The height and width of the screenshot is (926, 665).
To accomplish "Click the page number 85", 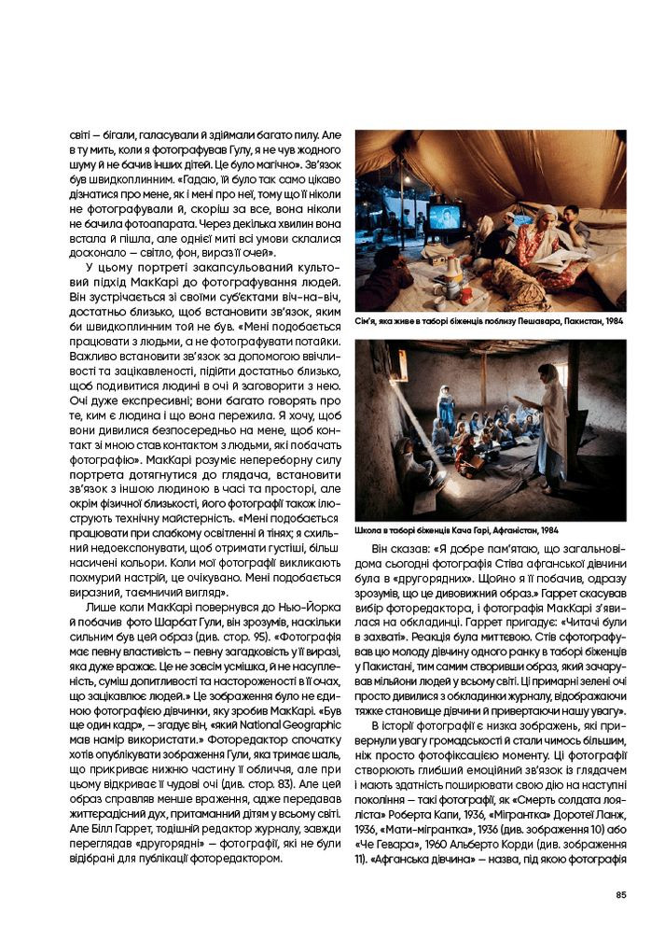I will pyautogui.click(x=621, y=895).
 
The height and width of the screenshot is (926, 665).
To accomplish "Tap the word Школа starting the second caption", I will pyautogui.click(x=368, y=529).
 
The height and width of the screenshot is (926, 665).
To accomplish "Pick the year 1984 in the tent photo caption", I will pyautogui.click(x=613, y=320).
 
